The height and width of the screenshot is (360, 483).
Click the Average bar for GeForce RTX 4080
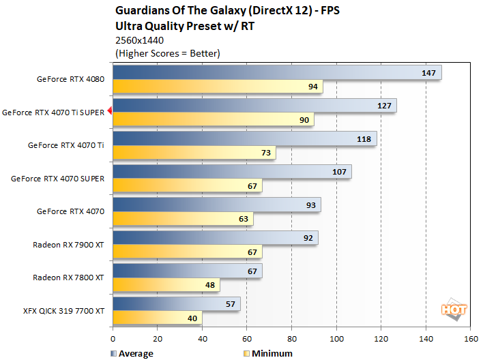[276, 72]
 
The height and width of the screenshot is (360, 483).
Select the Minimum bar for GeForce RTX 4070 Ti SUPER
[213, 120]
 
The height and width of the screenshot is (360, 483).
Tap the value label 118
[364, 139]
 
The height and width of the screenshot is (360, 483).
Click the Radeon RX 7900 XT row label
[68, 244]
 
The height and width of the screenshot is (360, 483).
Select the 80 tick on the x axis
[291, 338]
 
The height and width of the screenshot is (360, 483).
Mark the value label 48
[209, 285]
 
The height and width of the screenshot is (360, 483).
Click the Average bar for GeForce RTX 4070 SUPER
[232, 172]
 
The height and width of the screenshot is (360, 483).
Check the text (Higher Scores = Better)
[168, 52]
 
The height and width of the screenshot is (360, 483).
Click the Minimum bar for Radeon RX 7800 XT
[166, 285]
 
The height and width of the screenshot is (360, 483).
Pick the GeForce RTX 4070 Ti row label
[65, 145]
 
